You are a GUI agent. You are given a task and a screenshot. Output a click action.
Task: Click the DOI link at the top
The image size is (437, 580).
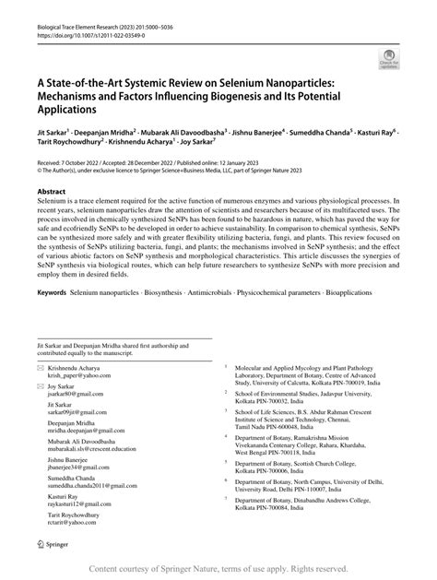click(76, 20)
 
